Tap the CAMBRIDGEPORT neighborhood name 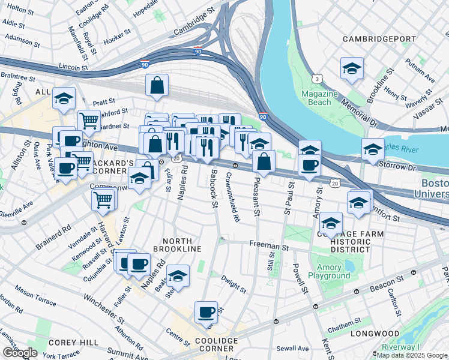(x=379, y=39)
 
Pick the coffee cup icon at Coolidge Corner (x=206, y=312)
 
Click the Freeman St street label (x=270, y=246)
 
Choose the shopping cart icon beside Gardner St (x=89, y=120)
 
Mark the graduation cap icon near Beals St (x=178, y=275)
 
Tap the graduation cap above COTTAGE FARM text (x=330, y=223)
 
